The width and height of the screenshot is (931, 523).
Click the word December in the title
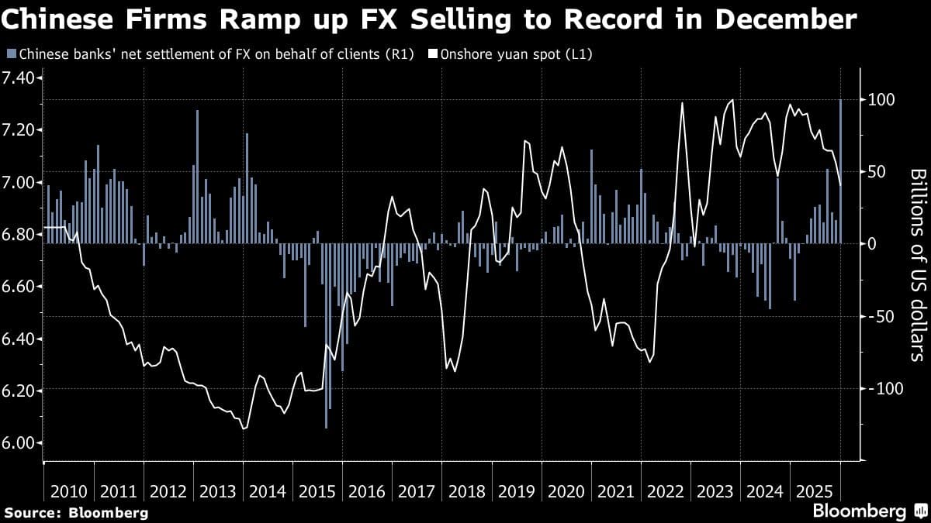coord(786,19)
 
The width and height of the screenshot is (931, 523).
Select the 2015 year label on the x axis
coord(317,491)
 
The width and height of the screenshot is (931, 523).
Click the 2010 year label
coord(68,491)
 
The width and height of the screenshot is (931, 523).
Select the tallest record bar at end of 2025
coord(841,170)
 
